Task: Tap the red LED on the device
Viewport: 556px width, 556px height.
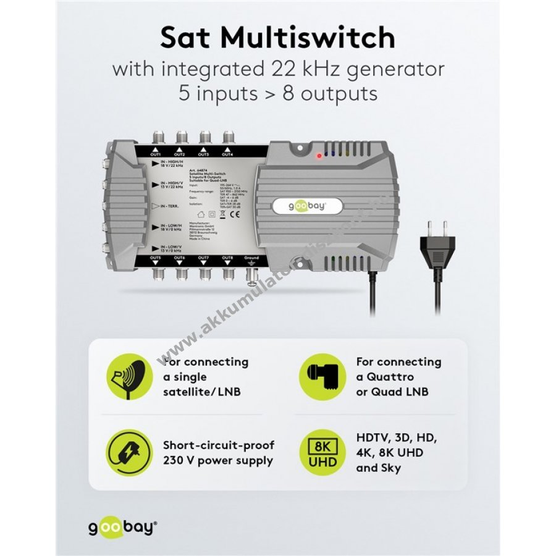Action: click(318, 156)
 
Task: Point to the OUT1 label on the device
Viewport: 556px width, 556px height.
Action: click(156, 154)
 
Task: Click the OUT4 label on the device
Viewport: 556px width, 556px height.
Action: click(228, 154)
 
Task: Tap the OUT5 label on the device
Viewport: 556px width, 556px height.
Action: click(156, 257)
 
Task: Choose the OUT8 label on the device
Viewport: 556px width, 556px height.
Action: click(228, 257)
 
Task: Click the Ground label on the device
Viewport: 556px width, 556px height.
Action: click(251, 257)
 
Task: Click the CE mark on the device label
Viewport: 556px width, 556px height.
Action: click(233, 215)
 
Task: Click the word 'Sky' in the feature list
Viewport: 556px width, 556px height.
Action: click(392, 468)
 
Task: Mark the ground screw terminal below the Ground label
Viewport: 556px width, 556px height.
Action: click(251, 272)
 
